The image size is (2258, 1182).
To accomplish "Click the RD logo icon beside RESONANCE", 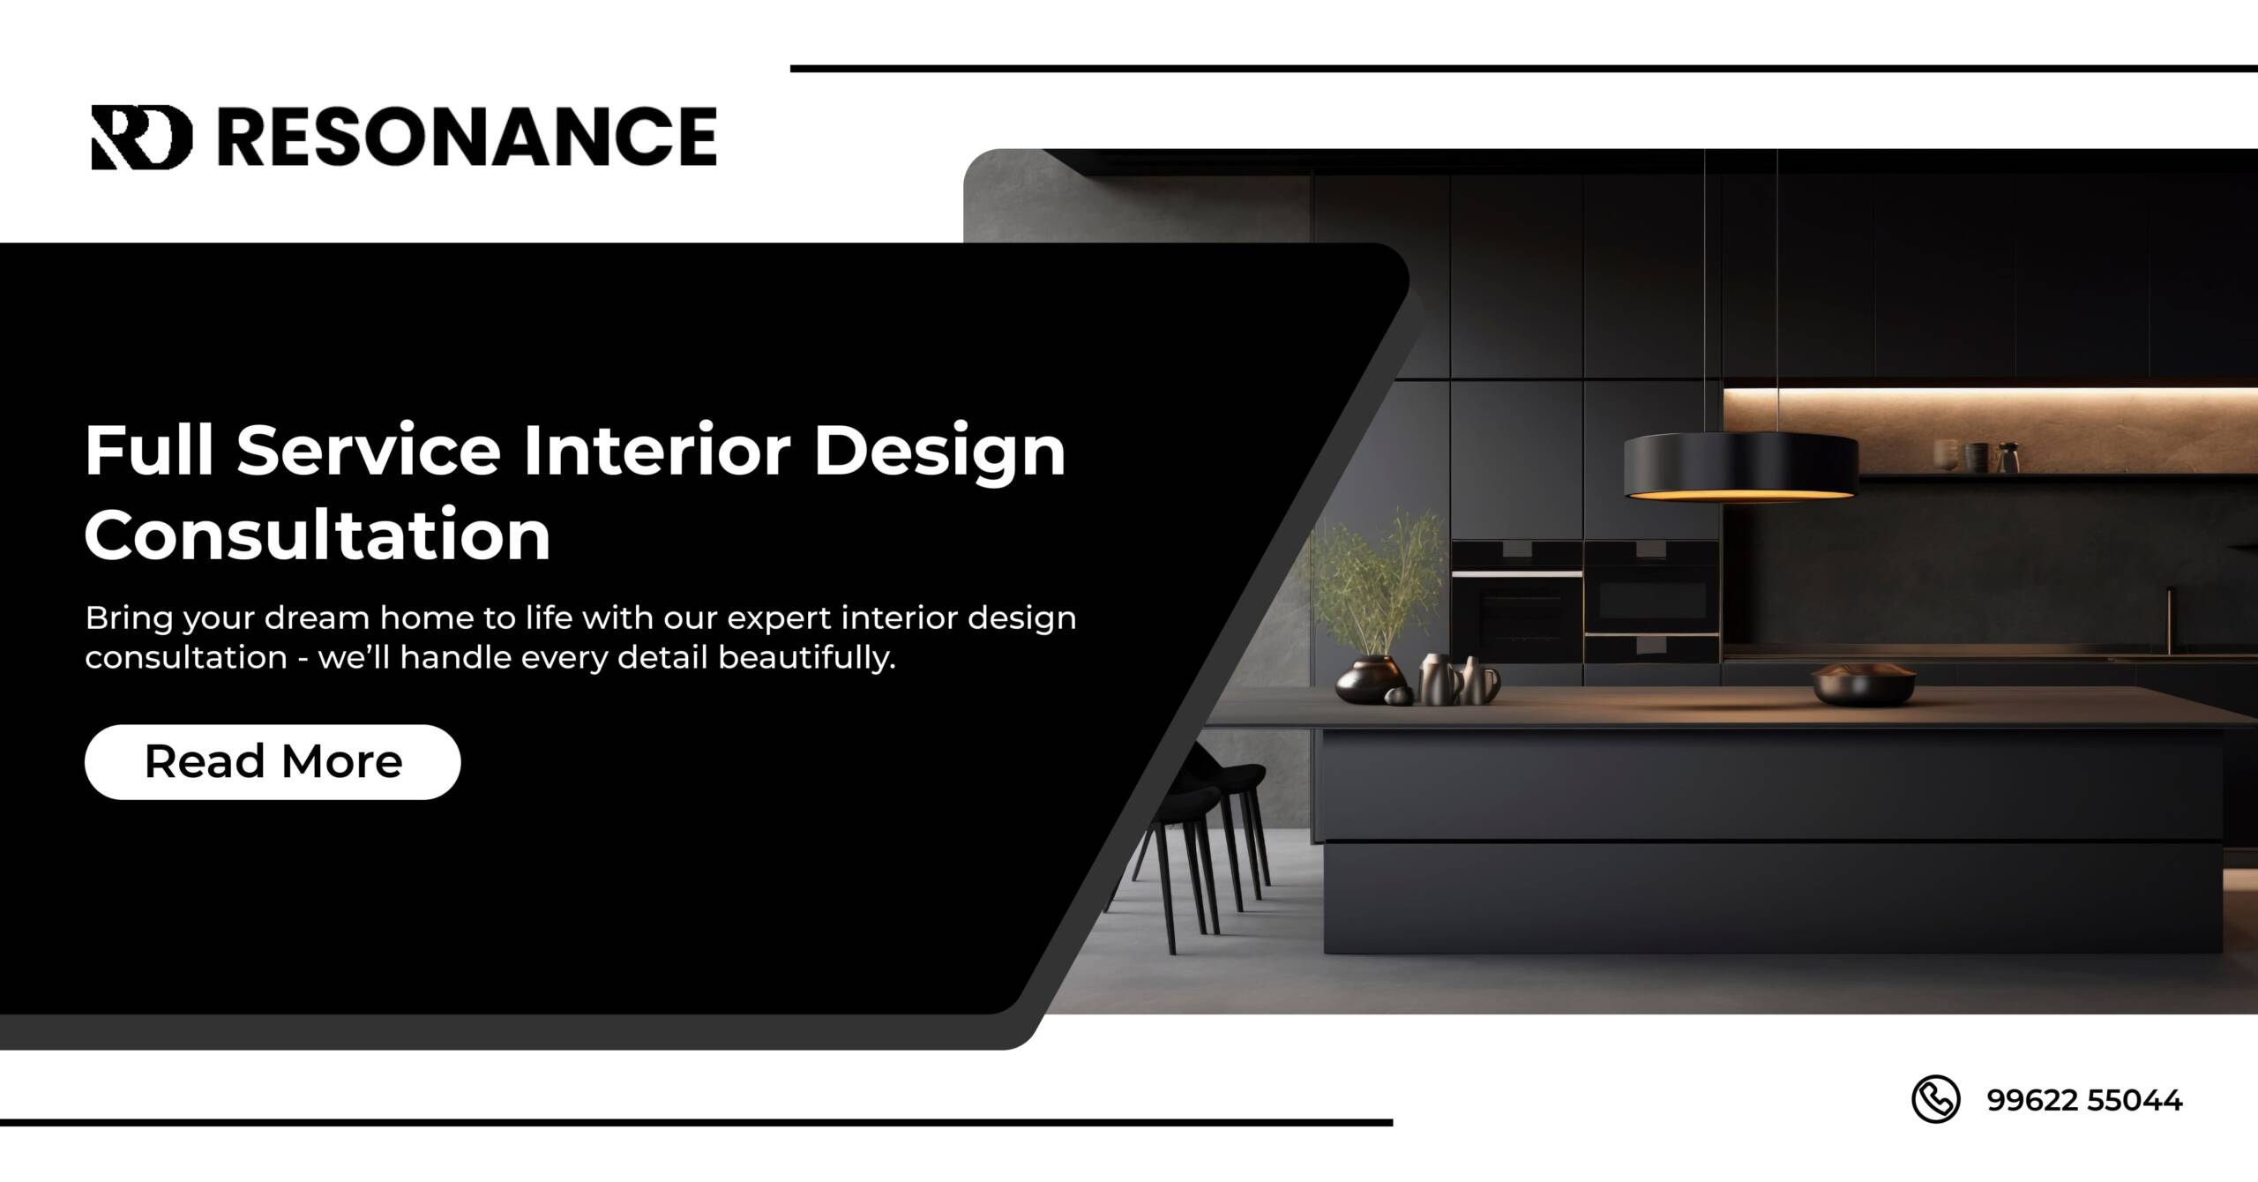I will point(141,137).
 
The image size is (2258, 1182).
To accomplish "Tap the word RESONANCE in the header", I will point(467,137).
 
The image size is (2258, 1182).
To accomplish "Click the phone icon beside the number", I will point(1935,1099).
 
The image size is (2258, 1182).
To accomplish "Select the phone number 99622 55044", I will point(2084,1100).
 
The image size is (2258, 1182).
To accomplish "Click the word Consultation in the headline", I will point(318,535).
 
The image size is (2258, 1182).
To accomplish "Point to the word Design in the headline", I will point(938,452).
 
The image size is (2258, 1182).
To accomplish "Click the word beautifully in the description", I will point(806,657).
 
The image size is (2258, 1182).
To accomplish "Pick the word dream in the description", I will point(317,617).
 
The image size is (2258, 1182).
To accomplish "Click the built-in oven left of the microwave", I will point(1516,600).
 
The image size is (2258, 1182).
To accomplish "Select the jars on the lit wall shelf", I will point(1976,456).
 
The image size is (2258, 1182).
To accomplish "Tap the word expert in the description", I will point(780,617).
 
